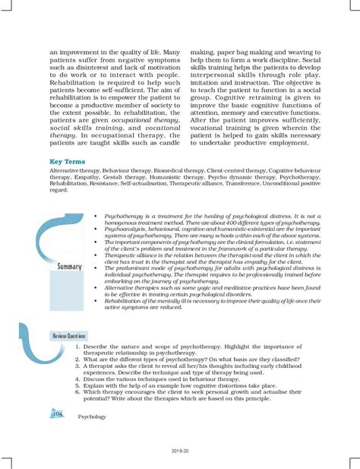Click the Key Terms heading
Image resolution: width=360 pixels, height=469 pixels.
(x=67, y=162)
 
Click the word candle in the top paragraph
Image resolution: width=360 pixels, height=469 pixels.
(x=168, y=142)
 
